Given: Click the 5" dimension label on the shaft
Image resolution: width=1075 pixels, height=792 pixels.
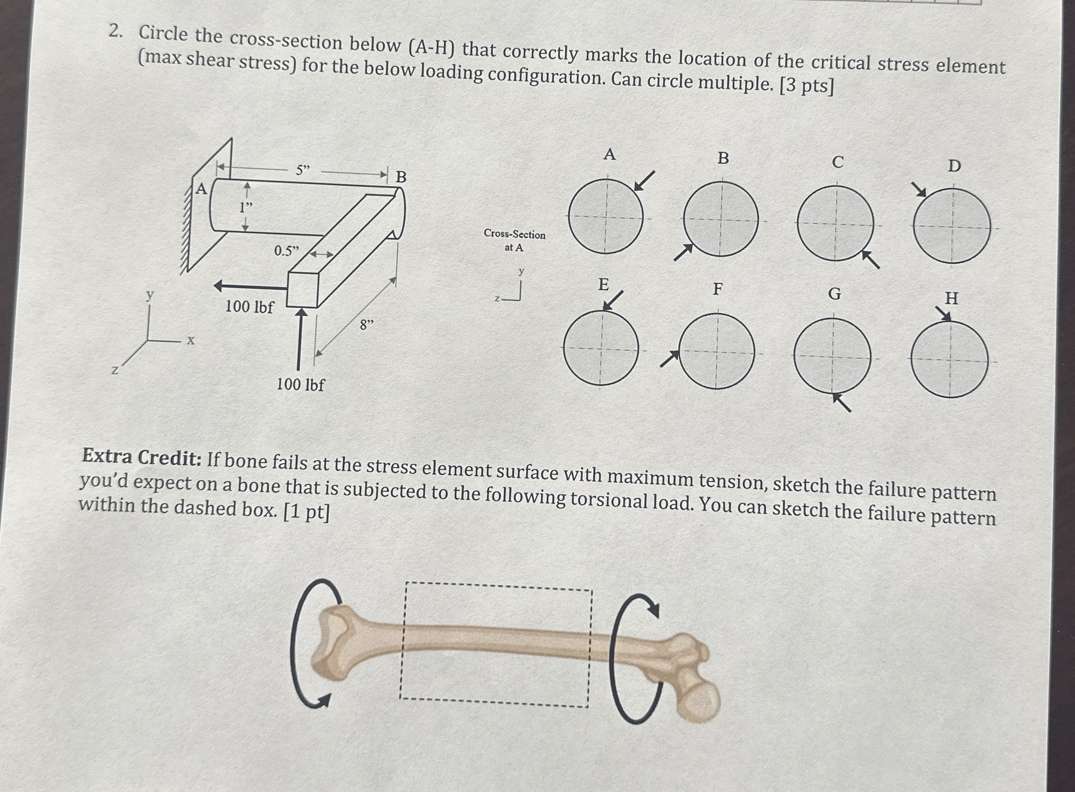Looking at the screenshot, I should click(302, 170).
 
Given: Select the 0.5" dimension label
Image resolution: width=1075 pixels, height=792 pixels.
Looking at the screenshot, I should click(286, 250).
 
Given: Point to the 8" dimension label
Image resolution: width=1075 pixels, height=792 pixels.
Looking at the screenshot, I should click(366, 325).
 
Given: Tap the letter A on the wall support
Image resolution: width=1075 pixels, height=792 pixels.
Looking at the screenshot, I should click(202, 189).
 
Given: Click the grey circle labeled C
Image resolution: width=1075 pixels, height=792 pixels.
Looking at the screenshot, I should click(835, 223).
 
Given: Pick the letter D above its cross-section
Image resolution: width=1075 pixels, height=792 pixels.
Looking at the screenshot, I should click(954, 166).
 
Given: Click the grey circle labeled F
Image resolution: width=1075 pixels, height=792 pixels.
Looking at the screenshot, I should click(717, 351).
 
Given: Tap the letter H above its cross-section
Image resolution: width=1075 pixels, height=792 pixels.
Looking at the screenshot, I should click(951, 298).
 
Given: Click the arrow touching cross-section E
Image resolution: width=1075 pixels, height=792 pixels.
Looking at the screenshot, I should click(612, 300).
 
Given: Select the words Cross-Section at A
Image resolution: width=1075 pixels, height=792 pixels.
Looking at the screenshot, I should click(514, 241).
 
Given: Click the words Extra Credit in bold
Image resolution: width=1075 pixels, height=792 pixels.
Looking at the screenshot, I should click(141, 457).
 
